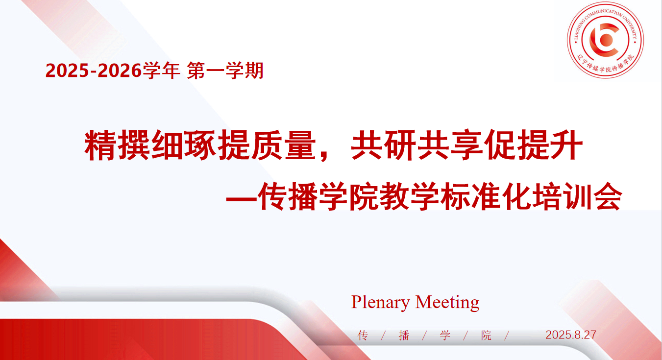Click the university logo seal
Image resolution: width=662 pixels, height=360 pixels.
click(605, 40)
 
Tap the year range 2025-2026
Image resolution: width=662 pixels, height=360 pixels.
click(94, 71)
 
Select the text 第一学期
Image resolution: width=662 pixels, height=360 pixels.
click(225, 71)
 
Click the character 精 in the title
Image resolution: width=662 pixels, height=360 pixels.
click(100, 145)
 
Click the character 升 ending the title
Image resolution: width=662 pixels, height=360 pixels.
click(566, 145)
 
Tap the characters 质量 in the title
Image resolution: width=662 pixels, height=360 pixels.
click(283, 145)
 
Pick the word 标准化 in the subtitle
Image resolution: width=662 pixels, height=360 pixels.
click(486, 196)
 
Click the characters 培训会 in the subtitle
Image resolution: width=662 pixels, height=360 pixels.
click(577, 196)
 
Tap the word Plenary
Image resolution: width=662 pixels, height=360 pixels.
click(380, 302)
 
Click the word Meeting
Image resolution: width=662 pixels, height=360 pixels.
click(447, 302)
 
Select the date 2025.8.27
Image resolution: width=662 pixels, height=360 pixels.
click(571, 335)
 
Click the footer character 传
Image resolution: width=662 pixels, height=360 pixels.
click(363, 336)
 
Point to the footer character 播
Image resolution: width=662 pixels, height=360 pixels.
click(404, 336)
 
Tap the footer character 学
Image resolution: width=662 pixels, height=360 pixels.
click(445, 336)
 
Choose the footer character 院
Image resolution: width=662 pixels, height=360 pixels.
click(486, 336)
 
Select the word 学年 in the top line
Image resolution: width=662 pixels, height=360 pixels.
click(161, 71)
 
